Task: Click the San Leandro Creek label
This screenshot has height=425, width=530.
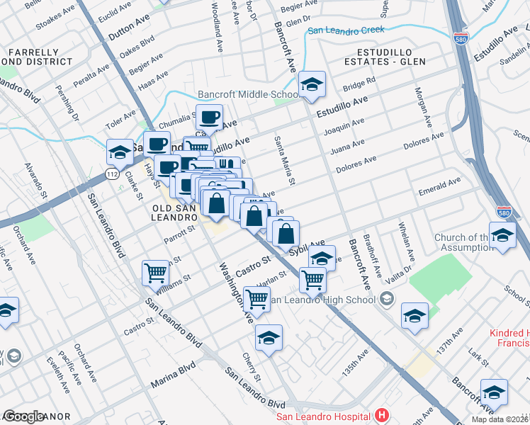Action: [x=346, y=30]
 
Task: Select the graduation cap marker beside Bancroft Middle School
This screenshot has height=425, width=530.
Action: [x=312, y=86]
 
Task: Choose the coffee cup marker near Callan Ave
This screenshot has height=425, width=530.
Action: [x=209, y=118]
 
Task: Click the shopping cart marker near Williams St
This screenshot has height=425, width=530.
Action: [x=155, y=272]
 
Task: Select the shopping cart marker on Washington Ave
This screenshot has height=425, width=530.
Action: [x=256, y=299]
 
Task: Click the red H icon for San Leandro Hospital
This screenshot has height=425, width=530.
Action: [x=383, y=415]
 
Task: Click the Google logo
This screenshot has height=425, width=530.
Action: [x=24, y=416]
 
